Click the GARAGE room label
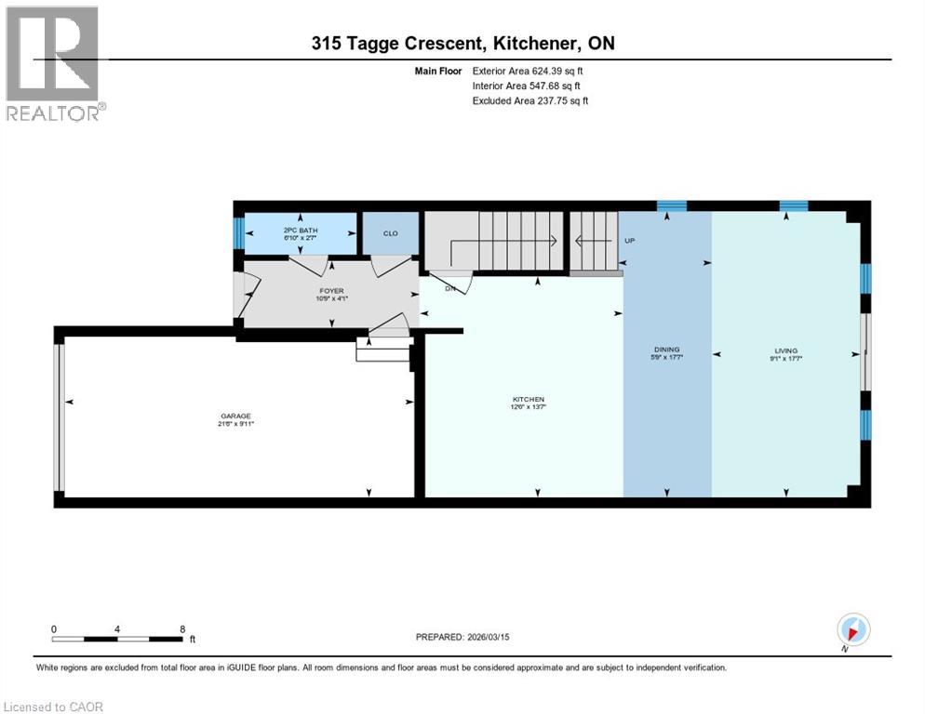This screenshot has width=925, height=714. pyautogui.click(x=236, y=416)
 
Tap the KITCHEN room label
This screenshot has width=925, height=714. pyautogui.click(x=528, y=400)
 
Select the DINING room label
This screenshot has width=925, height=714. pyautogui.click(x=666, y=350)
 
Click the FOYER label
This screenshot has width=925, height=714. pyautogui.click(x=331, y=291)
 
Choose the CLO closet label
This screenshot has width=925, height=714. pyautogui.click(x=390, y=232)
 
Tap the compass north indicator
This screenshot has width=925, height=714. pyautogui.click(x=853, y=628)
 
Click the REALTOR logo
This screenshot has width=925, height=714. pyautogui.click(x=54, y=64)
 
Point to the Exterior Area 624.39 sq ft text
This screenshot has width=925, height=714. pyautogui.click(x=528, y=71)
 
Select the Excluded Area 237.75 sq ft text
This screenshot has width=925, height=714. pyautogui.click(x=530, y=100)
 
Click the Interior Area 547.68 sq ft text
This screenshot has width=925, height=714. pyautogui.click(x=526, y=86)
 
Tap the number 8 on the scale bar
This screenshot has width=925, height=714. pyautogui.click(x=182, y=629)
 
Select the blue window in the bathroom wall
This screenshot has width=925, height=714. pyautogui.click(x=238, y=232)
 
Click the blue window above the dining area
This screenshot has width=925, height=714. pyautogui.click(x=671, y=205)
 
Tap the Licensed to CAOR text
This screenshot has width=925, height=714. pyautogui.click(x=53, y=707)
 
